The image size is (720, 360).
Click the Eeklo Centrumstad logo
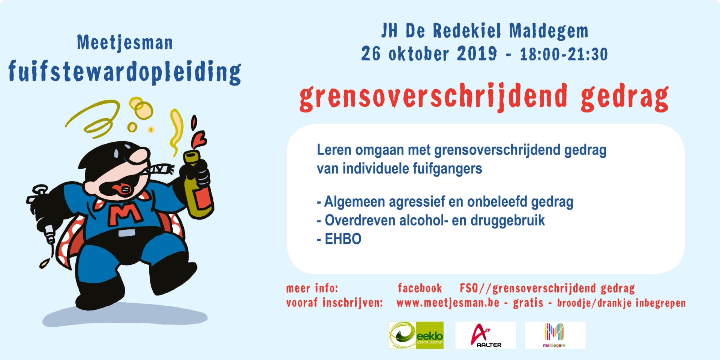coord(416,335)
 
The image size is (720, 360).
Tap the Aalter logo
coord(486,335)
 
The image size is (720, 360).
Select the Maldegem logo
coord(555,335)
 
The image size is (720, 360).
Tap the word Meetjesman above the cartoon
coord(125,43)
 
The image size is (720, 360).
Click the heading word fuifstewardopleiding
coord(125,72)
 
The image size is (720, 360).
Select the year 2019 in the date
coord(477,54)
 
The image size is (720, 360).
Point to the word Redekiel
coord(467,31)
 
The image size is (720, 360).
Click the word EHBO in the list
coord(343,239)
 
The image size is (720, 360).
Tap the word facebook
coord(420,288)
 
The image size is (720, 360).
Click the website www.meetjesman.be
coord(448,303)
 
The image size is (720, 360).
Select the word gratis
coord(528,303)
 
